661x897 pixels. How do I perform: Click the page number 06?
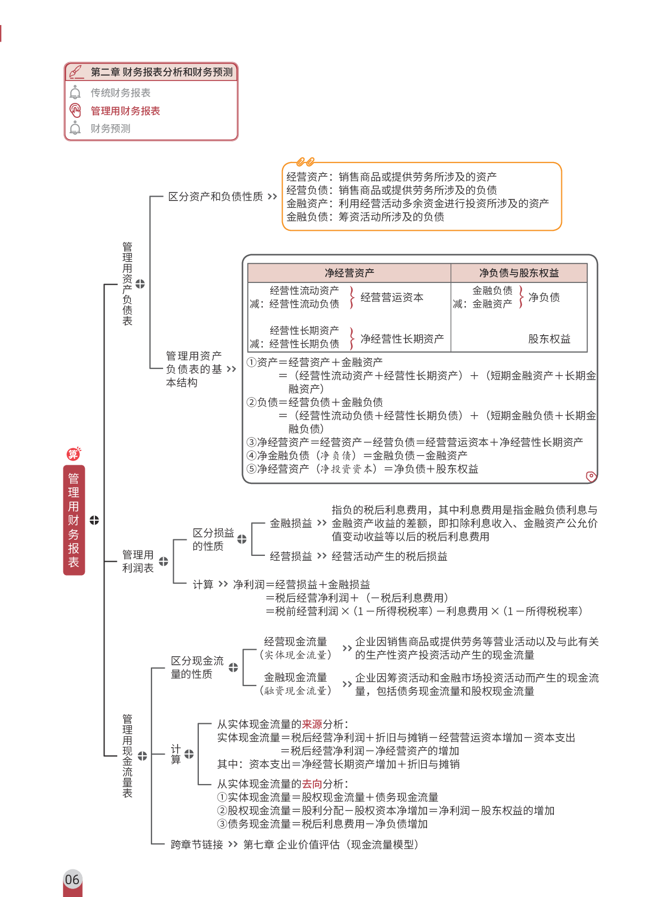(72, 879)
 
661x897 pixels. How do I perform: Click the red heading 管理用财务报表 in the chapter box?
(125, 111)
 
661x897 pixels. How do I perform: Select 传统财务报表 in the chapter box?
(120, 93)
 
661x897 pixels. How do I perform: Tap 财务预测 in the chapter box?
(110, 128)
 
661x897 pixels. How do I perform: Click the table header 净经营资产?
(349, 273)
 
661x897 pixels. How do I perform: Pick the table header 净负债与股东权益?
(519, 273)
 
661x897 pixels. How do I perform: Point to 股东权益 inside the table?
(549, 339)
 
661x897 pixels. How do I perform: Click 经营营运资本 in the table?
(392, 297)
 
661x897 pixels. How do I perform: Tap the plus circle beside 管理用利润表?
(164, 561)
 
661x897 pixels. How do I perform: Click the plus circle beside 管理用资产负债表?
(140, 284)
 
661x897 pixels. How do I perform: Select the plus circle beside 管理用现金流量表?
(142, 756)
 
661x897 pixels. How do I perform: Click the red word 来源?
(312, 724)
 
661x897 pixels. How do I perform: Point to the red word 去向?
(312, 784)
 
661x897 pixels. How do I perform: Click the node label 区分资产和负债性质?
(215, 197)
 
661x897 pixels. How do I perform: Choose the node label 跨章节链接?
(197, 845)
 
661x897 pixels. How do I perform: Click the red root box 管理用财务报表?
(74, 520)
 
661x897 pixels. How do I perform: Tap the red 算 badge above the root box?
(73, 454)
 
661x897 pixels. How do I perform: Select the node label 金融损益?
(291, 523)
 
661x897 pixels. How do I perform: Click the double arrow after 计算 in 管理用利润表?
(223, 584)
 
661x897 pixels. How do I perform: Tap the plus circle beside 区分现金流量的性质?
(233, 667)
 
